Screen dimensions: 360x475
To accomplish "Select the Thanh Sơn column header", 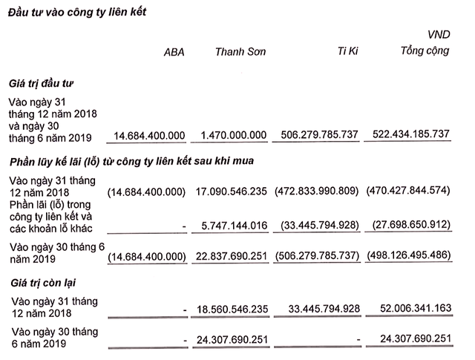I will click(240, 52).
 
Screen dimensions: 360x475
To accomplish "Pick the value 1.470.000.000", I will click(233, 135).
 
